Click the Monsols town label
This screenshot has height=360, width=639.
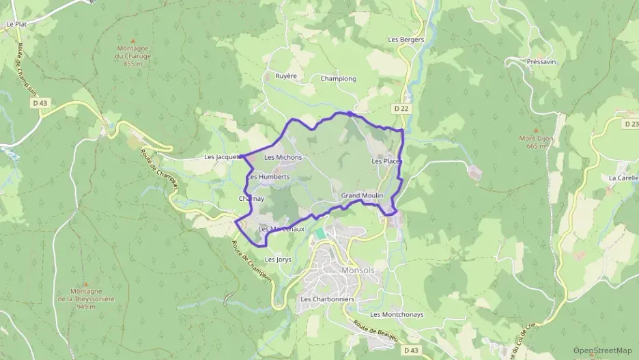point(356,270)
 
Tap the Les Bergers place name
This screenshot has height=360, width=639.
point(406,40)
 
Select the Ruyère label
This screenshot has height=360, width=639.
point(286,76)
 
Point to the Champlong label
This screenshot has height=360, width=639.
point(339,79)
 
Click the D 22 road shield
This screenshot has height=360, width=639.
point(401,108)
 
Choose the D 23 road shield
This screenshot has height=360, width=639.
point(630,124)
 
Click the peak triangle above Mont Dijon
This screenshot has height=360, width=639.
point(535,130)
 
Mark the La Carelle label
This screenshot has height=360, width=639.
point(623,177)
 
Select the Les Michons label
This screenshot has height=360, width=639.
point(283,157)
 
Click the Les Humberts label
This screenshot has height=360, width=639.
point(269,176)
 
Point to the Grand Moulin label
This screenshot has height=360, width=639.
point(360,195)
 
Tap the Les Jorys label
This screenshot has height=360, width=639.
point(278,260)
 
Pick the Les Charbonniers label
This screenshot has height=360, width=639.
point(328,299)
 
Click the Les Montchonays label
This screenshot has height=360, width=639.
point(397,314)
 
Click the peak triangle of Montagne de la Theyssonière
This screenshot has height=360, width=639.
point(86,281)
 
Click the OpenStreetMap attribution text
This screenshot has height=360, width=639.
point(603,350)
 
